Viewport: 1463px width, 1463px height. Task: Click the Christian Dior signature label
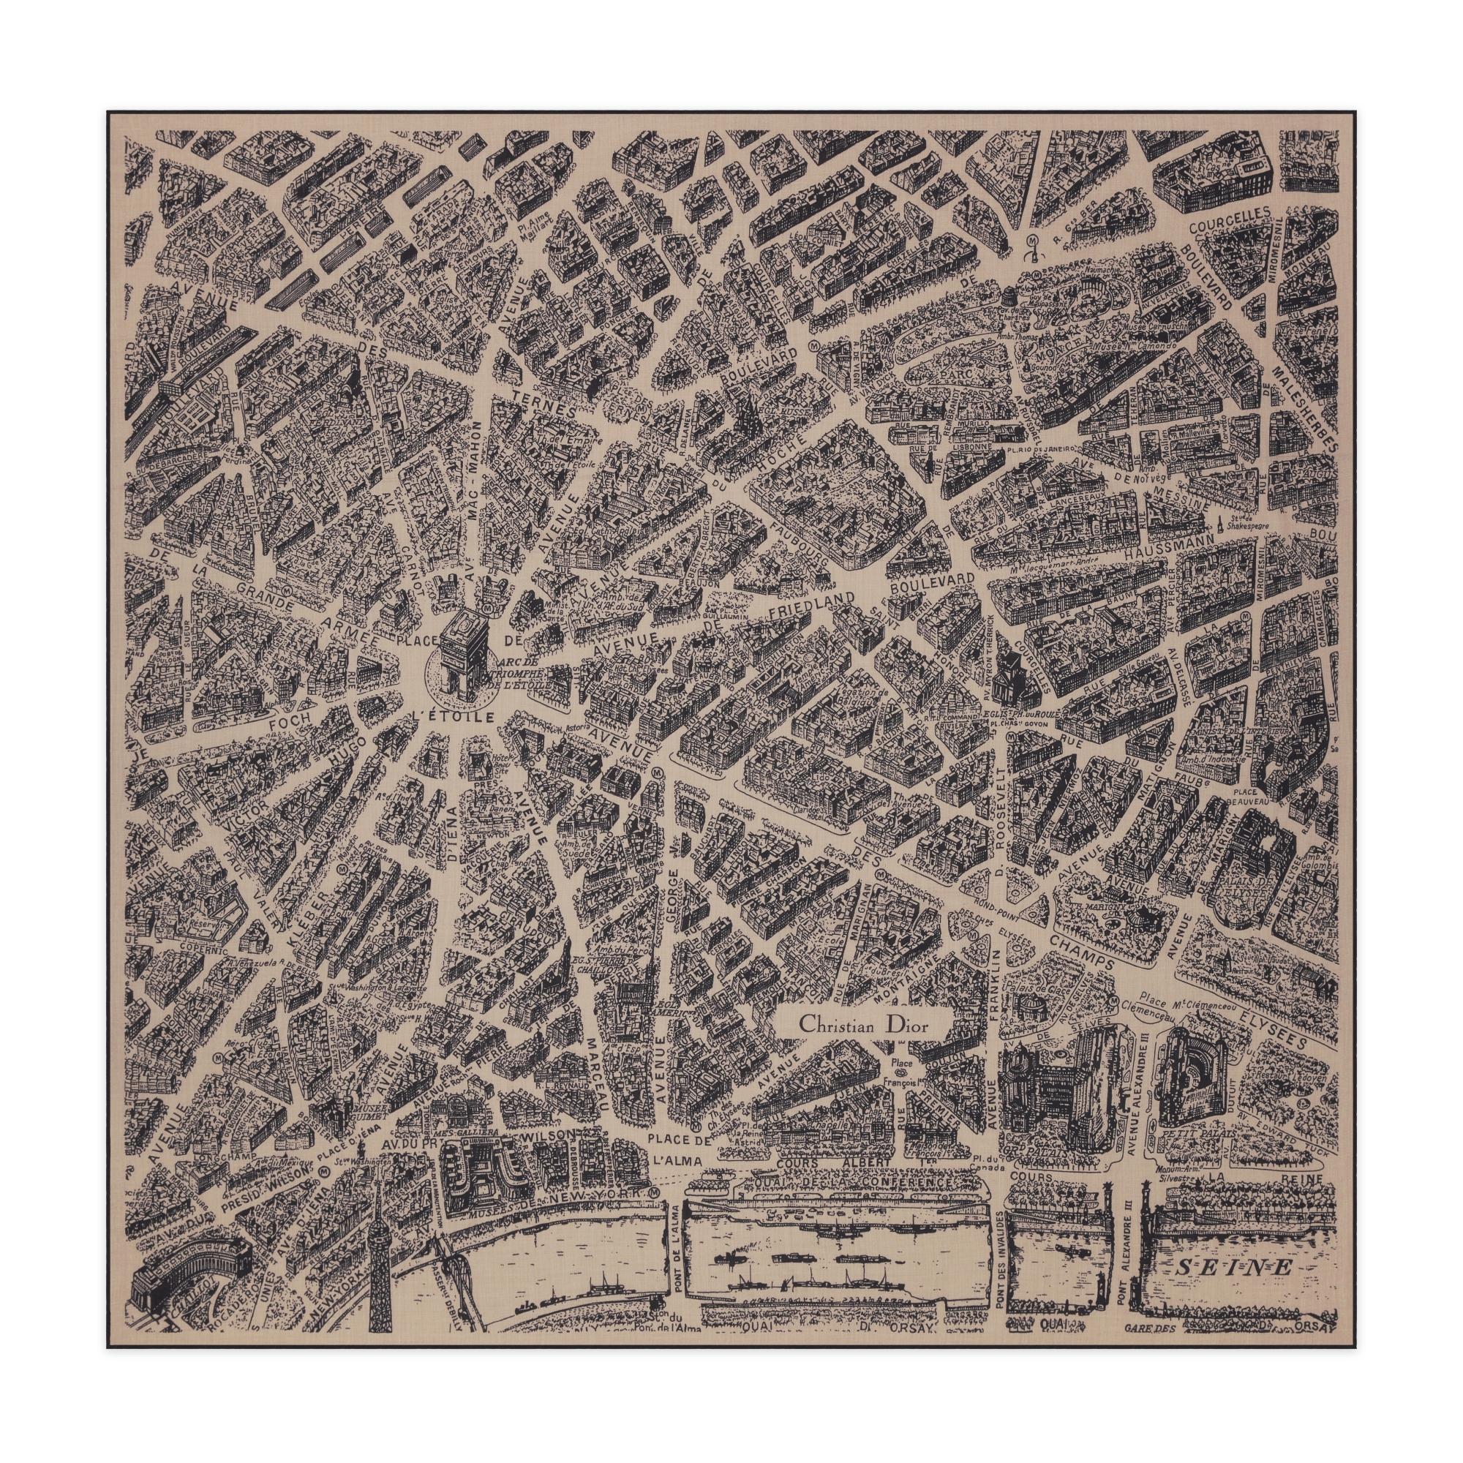tap(863, 1027)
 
